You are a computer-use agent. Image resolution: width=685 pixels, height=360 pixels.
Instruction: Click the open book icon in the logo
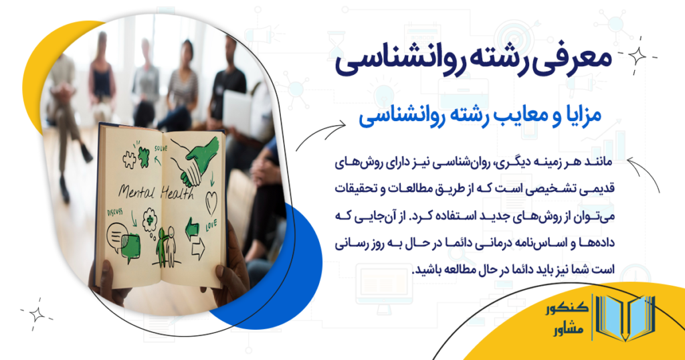coord(626,320)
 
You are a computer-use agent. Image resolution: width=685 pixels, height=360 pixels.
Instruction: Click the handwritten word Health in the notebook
coord(176,193)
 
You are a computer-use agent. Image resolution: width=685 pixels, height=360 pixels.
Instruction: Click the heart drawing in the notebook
coord(211,200)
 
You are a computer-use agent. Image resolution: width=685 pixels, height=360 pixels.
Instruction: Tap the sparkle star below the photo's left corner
coord(37,313)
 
